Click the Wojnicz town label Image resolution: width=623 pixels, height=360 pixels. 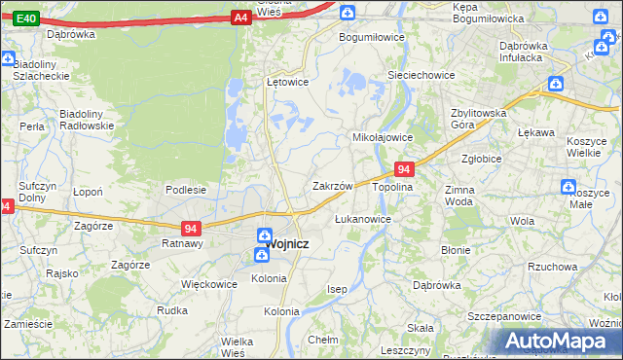click(x=289, y=244)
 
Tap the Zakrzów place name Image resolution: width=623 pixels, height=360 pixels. click(x=332, y=185)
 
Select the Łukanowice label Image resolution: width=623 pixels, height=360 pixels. click(x=363, y=219)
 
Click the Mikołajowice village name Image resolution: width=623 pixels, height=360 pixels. click(x=383, y=137)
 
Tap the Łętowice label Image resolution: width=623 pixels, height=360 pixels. click(x=287, y=82)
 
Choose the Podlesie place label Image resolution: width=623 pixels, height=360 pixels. click(x=185, y=190)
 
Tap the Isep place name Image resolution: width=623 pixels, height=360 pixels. click(x=337, y=290)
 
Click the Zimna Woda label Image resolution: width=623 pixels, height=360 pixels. click(x=458, y=196)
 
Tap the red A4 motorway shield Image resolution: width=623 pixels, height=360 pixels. click(x=240, y=18)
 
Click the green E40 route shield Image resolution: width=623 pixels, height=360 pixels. click(x=26, y=18)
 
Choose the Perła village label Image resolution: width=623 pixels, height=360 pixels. click(x=32, y=126)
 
